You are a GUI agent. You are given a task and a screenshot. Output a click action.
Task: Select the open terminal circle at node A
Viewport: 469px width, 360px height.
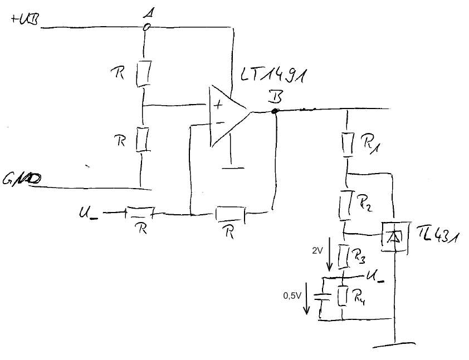coord(146,27)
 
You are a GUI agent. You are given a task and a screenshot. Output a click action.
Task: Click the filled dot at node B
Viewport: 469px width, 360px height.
coord(274,111)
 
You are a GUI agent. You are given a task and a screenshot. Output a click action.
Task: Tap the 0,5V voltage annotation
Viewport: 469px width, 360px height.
coord(291,295)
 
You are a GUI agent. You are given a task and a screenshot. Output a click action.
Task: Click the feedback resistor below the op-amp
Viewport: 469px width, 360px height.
coord(230,213)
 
